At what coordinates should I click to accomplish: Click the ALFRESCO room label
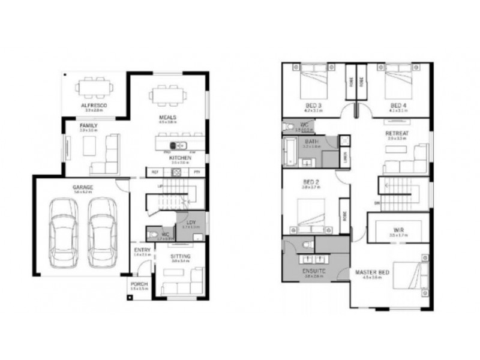[94, 105]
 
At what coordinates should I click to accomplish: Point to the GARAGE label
[83, 187]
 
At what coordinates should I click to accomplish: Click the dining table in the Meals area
[167, 95]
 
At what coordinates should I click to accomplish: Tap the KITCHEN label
[180, 158]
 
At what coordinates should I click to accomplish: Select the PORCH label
[137, 284]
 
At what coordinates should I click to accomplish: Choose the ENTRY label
[142, 250]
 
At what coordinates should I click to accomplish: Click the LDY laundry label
[191, 222]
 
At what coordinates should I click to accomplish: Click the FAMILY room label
[88, 125]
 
